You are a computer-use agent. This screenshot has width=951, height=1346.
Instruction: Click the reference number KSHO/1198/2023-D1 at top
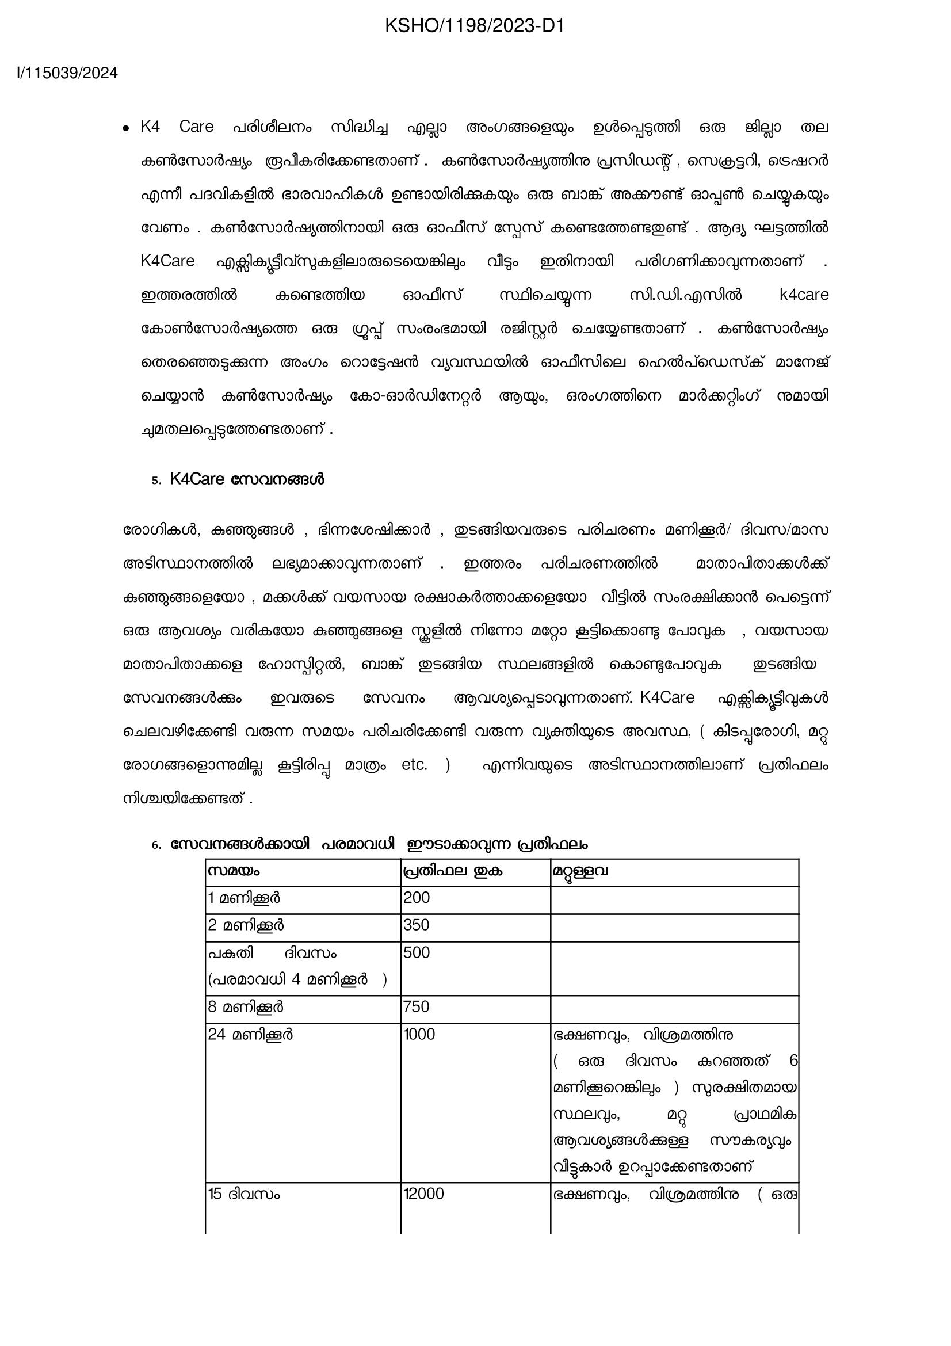(475, 26)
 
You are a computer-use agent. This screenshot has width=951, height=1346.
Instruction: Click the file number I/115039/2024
(67, 73)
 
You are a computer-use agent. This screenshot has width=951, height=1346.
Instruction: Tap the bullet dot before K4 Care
(125, 129)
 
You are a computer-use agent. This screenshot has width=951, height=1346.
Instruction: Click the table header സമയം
(234, 871)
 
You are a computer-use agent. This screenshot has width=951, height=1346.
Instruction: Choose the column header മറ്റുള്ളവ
(580, 871)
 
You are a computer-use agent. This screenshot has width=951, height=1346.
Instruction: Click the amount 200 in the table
(417, 898)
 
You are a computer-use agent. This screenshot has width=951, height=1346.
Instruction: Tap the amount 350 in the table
(417, 925)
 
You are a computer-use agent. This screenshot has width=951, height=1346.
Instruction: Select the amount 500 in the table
(417, 952)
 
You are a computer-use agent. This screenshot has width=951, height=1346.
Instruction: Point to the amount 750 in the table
(417, 1006)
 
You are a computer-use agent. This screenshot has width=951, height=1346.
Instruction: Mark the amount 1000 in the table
(419, 1034)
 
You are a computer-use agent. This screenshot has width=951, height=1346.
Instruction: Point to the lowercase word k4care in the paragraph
(804, 295)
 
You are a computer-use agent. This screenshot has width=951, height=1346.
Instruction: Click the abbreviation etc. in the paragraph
(414, 765)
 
